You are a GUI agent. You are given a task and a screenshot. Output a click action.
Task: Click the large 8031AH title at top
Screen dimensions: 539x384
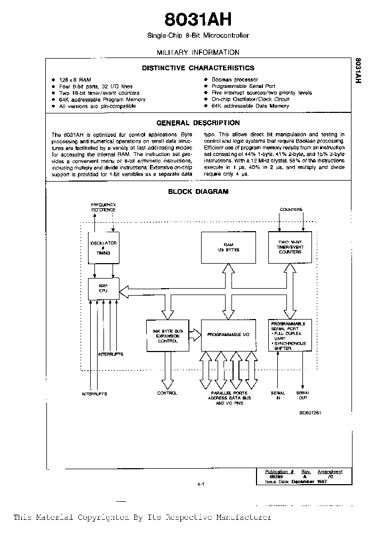[198, 20]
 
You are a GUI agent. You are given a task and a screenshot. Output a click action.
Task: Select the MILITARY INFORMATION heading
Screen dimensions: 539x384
[198, 52]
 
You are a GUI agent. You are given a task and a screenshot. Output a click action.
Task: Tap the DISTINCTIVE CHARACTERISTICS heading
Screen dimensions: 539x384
[198, 68]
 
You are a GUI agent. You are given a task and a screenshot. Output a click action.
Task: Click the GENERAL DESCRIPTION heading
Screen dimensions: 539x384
[198, 123]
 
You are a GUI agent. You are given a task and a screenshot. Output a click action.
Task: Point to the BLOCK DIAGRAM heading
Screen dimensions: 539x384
[198, 192]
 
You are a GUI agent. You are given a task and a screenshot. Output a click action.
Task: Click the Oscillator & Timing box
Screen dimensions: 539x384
[103, 247]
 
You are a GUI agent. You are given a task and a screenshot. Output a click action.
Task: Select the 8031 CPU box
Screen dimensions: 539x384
[103, 288]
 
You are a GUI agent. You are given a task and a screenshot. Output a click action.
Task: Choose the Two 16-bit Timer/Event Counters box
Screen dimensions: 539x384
[290, 247]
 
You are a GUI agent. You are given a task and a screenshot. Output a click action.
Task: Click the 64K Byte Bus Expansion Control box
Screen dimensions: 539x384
[167, 335]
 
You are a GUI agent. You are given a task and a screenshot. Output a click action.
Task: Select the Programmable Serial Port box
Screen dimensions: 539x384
[290, 335]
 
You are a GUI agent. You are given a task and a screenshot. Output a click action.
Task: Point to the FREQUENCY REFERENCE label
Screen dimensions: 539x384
[103, 207]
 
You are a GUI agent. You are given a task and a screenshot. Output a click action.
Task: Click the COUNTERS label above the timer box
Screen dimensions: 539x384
[291, 209]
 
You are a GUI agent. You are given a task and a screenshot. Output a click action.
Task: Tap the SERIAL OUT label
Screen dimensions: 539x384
[302, 396]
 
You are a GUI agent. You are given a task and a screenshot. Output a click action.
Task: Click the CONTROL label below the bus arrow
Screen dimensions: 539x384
[167, 393]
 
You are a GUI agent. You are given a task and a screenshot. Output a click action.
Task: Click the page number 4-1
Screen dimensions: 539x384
[201, 484]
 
